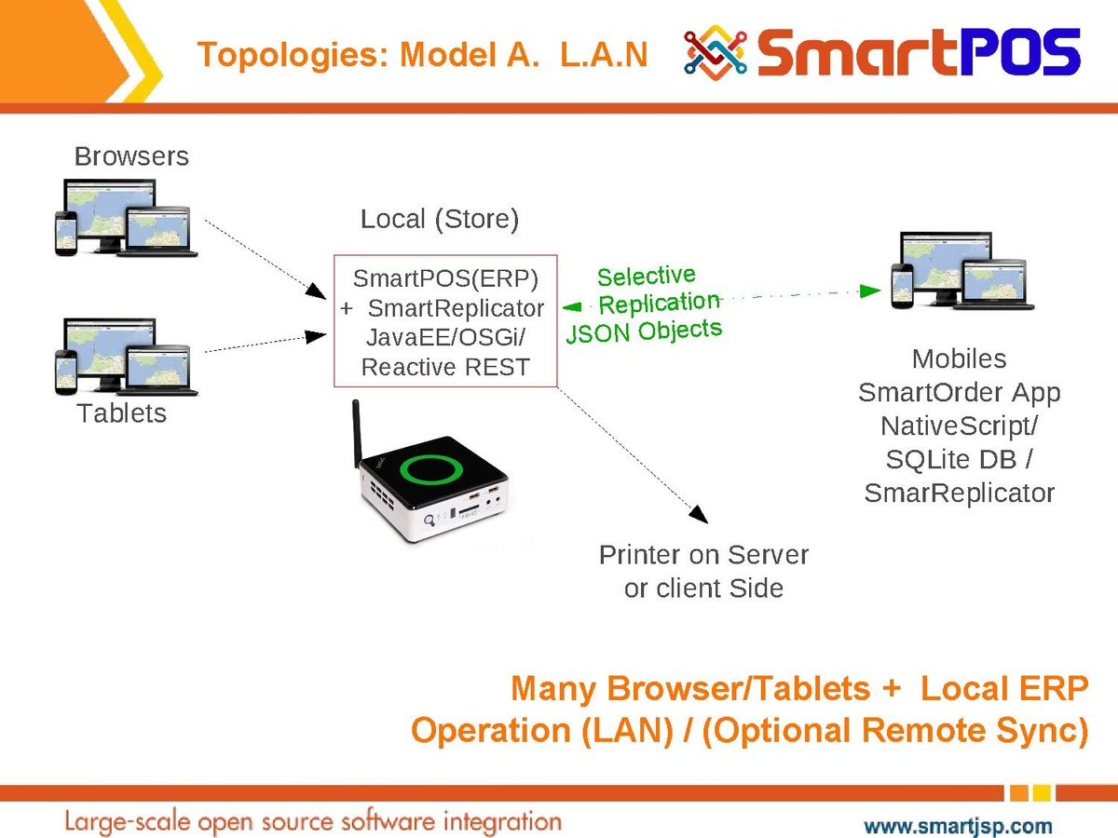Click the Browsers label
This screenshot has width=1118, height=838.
click(131, 156)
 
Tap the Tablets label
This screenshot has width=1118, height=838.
click(121, 413)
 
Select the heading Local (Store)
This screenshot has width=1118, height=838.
click(439, 220)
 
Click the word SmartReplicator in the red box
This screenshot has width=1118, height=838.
click(456, 307)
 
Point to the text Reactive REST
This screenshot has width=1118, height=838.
click(445, 367)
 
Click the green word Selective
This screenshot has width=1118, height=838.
click(646, 277)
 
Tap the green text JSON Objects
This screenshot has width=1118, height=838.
click(644, 331)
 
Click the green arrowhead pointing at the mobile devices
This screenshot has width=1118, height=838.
click(871, 291)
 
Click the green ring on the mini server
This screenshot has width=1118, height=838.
click(431, 467)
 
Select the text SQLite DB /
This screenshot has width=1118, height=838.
click(960, 459)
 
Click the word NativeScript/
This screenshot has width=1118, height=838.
click(960, 426)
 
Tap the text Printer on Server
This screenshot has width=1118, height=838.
click(703, 555)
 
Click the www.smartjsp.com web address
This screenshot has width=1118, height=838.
click(959, 825)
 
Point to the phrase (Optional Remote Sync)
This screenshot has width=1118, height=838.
click(894, 731)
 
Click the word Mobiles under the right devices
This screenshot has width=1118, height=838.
click(960, 358)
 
